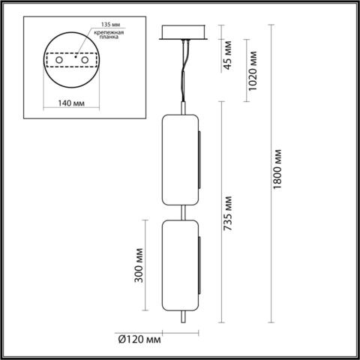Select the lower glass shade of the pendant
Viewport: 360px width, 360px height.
tap(180, 263)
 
